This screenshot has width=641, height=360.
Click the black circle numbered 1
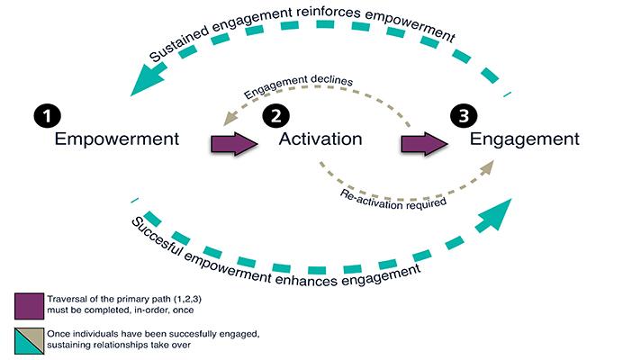point(48,116)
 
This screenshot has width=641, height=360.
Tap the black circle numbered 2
point(276,116)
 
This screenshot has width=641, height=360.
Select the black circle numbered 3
point(464,116)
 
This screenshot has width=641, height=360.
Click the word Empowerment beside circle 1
point(117,139)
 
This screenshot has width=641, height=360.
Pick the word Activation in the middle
point(320,139)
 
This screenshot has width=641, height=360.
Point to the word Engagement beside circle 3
point(525,139)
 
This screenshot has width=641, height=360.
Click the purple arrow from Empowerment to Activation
point(234,143)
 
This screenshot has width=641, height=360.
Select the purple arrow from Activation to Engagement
point(424,143)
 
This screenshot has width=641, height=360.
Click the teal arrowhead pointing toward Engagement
point(495,215)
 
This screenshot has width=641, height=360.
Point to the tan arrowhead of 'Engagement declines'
point(230,119)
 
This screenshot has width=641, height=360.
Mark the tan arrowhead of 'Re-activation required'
point(486,168)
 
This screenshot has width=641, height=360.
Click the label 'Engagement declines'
point(298,85)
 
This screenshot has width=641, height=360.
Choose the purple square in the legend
point(29,306)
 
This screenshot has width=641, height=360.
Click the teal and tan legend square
point(29,341)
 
